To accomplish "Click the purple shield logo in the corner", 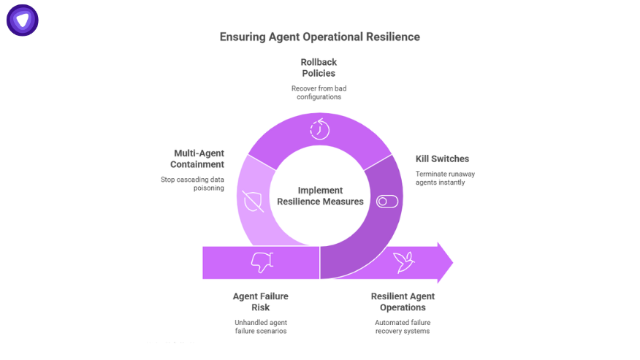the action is coord(23,20).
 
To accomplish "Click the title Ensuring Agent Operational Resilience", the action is coord(319,37).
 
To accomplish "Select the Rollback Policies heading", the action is coord(319,68).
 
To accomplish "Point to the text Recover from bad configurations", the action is coord(319,93).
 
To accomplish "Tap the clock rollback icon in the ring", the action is coord(319,129).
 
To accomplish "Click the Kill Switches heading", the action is coord(443,158).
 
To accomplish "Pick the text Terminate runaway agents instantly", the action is coord(446,178).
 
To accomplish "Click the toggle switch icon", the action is coord(387,202).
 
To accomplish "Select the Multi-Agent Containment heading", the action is coord(197,158).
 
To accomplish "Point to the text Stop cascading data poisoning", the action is coord(192,184).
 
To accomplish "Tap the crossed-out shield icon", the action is coord(253,202).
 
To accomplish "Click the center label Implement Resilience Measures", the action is coord(321,196).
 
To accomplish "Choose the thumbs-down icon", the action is coord(262,262).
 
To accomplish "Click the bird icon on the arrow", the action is coord(404,262).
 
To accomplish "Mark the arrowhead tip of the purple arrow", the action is coord(453,262).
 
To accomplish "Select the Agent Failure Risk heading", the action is coord(260,302).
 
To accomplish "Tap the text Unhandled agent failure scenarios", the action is coord(261,326).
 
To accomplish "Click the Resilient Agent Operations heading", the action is coord(403,302).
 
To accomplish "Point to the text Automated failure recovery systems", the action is coord(403,326).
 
